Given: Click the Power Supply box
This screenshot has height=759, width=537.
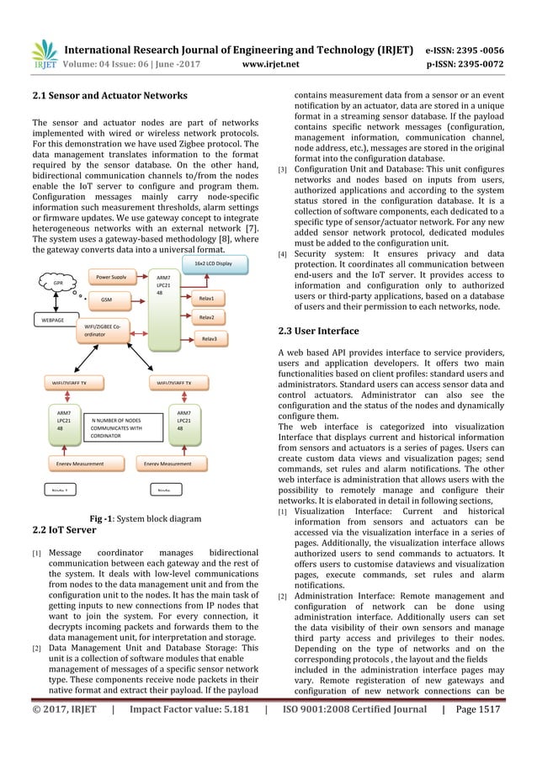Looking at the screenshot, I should point(111,275).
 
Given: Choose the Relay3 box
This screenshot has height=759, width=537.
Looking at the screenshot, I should point(209,338).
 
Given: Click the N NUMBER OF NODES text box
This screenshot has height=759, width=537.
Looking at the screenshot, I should point(116,427).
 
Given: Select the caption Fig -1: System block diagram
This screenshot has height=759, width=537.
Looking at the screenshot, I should point(138,519).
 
